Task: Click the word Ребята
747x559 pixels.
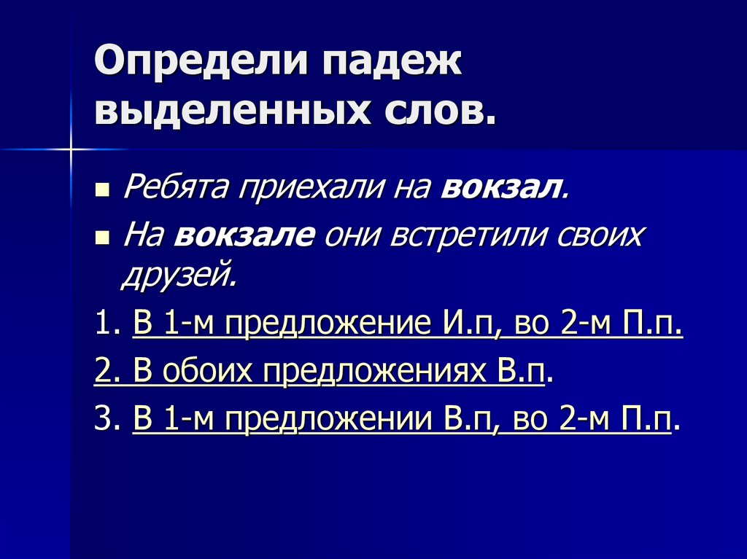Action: (174, 188)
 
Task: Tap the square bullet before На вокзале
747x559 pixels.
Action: (102, 238)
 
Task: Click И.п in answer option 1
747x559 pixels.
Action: (465, 321)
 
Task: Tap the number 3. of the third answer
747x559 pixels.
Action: (105, 420)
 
